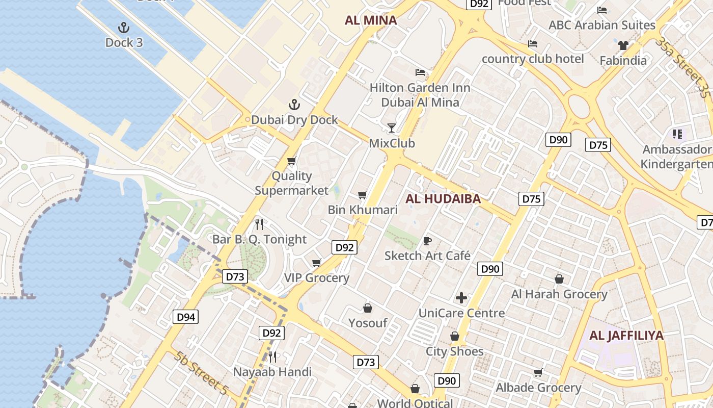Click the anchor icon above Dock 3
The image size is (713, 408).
click(123, 27)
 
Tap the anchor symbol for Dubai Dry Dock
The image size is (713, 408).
click(294, 105)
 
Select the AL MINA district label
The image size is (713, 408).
click(371, 20)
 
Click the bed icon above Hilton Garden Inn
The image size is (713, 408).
click(420, 72)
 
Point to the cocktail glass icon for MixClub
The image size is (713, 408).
click(392, 127)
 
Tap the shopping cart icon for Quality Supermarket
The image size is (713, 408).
click(292, 161)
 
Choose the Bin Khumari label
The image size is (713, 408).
click(363, 210)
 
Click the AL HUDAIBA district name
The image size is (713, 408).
click(443, 199)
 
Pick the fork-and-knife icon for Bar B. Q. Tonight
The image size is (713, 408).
click(259, 224)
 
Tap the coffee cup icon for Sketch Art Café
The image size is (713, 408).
click(427, 241)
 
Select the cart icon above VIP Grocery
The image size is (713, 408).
click(317, 263)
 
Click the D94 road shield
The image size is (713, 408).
click(186, 317)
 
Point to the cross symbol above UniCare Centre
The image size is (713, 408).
click(461, 298)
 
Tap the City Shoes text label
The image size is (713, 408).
click(455, 351)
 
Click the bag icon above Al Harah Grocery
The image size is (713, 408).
click(559, 279)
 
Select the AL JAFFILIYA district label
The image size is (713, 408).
click(626, 336)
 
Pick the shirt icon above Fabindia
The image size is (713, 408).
click(623, 45)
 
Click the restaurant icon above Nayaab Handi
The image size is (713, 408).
click(272, 356)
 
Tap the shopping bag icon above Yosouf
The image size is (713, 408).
click(368, 308)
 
